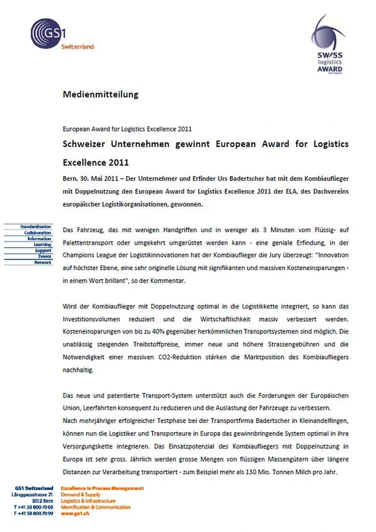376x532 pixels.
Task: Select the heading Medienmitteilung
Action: (101, 95)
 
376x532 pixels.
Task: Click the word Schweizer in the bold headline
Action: (85, 144)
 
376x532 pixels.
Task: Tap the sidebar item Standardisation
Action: (36, 227)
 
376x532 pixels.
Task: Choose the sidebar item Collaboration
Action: (38, 233)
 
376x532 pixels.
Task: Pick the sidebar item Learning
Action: (43, 244)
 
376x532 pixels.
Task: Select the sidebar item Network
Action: (43, 262)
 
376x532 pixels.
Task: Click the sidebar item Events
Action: (44, 256)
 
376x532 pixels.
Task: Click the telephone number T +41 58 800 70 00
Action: (34, 507)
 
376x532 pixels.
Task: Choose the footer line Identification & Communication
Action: (96, 507)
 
